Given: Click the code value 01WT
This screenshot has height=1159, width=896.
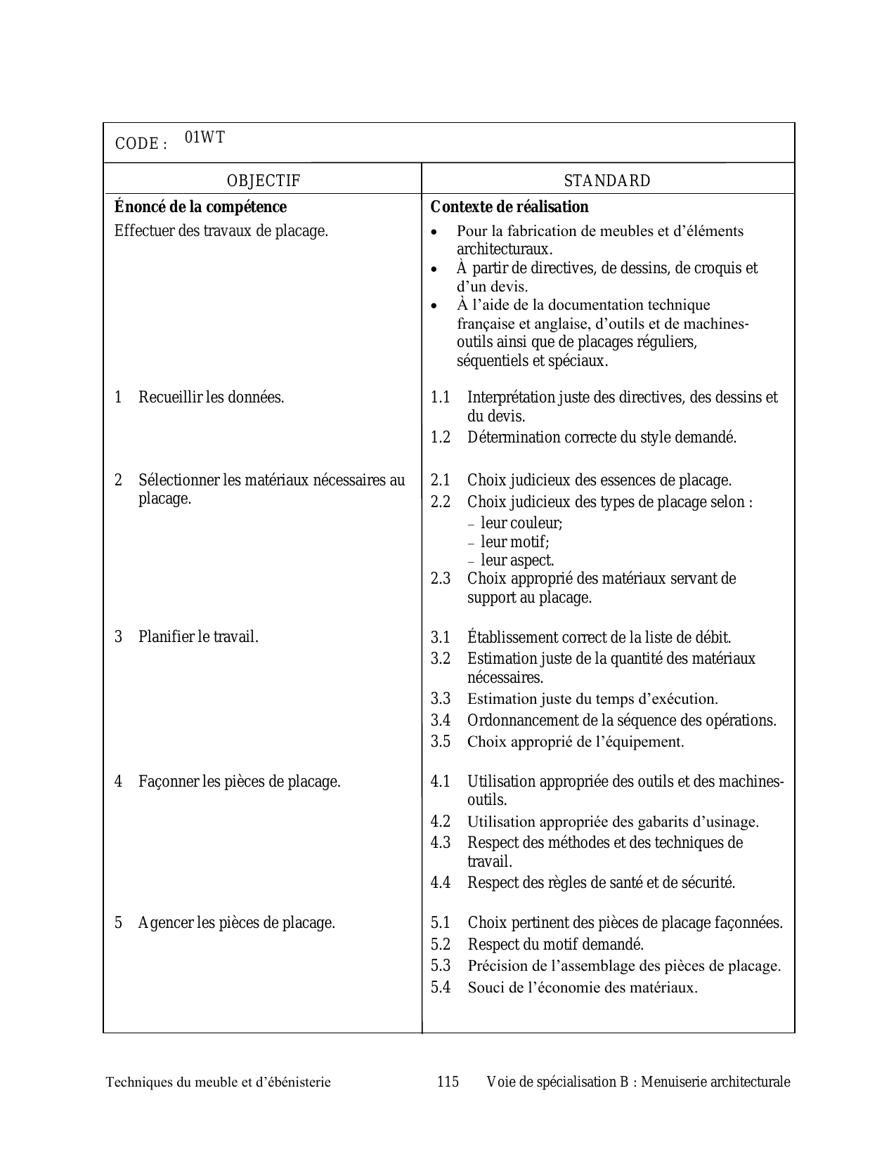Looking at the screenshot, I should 204,138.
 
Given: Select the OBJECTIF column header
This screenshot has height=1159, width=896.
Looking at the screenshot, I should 263,181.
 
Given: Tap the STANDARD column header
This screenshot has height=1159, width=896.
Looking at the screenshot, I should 607,181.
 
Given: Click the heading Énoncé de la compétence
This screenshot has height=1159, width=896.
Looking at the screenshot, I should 200,207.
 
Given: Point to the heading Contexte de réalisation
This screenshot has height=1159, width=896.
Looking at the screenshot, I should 509,207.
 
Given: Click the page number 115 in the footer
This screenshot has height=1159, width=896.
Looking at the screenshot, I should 448,1082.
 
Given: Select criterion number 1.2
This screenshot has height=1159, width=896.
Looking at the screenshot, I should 441,437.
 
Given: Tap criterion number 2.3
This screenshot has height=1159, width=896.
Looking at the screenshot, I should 441,579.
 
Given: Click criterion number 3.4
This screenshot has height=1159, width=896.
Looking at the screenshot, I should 441,720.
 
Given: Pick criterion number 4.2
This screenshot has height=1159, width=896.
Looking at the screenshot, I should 441,821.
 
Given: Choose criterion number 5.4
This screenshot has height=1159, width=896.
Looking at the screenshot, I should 441,987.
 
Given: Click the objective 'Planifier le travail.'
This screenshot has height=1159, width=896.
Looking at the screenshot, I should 198,637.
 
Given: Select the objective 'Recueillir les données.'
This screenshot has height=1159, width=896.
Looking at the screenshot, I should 211,397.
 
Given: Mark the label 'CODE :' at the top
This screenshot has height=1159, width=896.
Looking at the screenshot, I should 141,144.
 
